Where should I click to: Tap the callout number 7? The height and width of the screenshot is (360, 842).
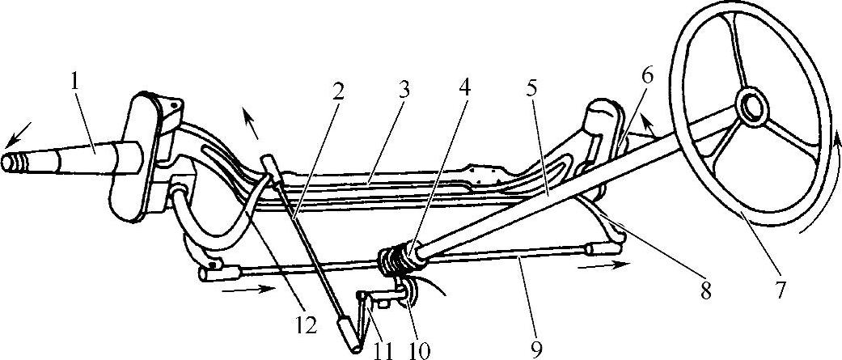(780, 289)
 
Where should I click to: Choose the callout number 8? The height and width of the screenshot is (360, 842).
(705, 289)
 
